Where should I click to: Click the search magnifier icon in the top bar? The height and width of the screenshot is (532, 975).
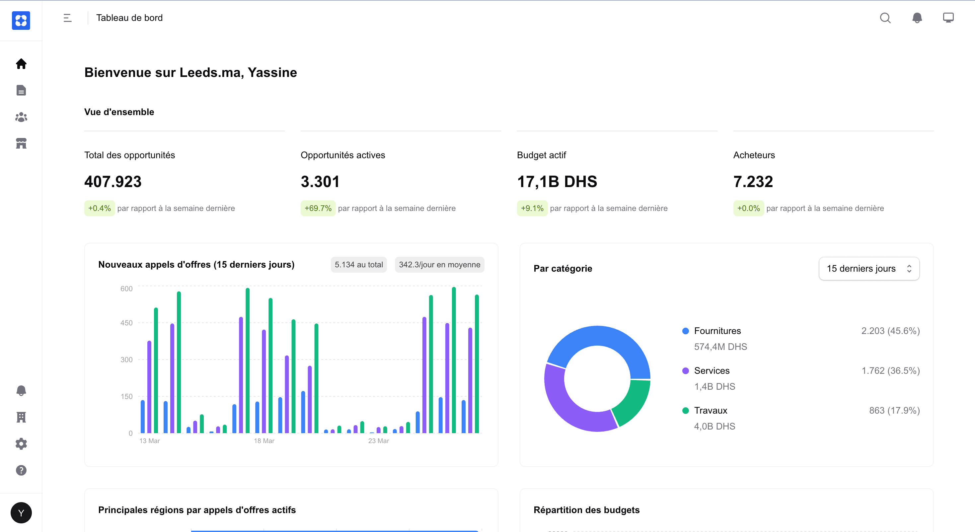pyautogui.click(x=885, y=18)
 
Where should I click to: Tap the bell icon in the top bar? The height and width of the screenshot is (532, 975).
pyautogui.click(x=917, y=18)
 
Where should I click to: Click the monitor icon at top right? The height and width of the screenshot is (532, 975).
pyautogui.click(x=948, y=18)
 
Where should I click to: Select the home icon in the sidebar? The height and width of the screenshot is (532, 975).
pyautogui.click(x=21, y=64)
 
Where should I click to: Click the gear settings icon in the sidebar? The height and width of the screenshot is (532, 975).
pyautogui.click(x=21, y=443)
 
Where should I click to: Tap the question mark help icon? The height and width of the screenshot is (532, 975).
pyautogui.click(x=21, y=470)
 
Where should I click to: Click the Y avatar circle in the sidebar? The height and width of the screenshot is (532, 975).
pyautogui.click(x=21, y=513)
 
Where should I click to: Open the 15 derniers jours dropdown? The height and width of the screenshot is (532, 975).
pyautogui.click(x=869, y=268)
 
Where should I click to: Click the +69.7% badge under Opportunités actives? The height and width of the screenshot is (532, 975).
pyautogui.click(x=318, y=208)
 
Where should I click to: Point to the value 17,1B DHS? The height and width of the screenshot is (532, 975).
pyautogui.click(x=557, y=182)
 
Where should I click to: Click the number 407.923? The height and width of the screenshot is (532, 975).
pyautogui.click(x=113, y=182)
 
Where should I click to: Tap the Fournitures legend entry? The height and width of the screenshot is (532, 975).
pyautogui.click(x=717, y=331)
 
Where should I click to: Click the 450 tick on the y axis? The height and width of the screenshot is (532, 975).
pyautogui.click(x=126, y=323)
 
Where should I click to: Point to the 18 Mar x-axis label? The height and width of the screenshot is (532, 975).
pyautogui.click(x=264, y=441)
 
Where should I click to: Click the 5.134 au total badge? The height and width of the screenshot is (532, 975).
pyautogui.click(x=358, y=264)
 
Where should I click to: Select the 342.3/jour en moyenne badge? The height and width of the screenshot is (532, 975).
pyautogui.click(x=439, y=264)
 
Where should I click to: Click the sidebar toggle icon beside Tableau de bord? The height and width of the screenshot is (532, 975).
pyautogui.click(x=67, y=18)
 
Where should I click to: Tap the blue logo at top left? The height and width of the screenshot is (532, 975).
pyautogui.click(x=21, y=21)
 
